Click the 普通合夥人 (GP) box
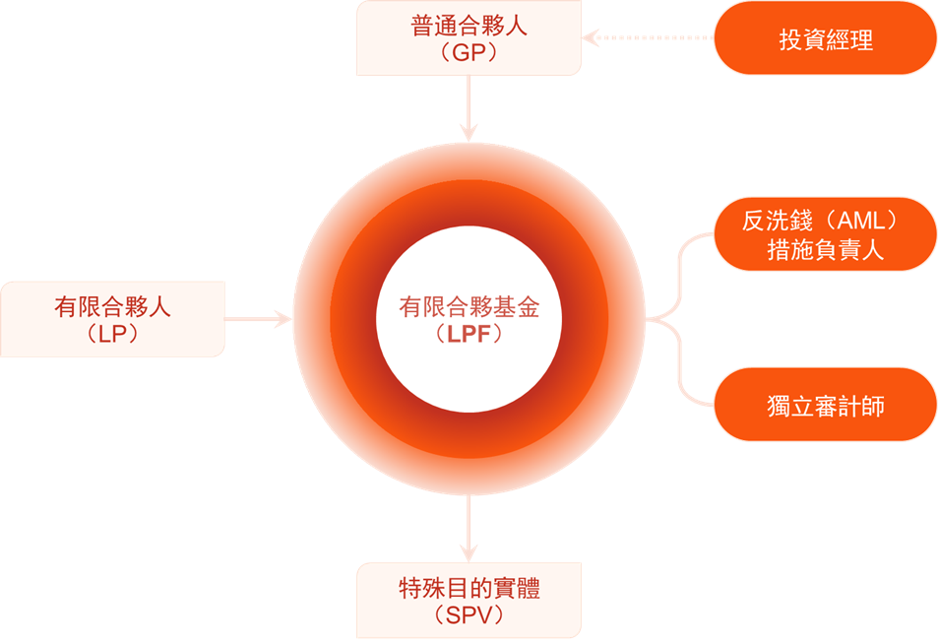tap(469, 37)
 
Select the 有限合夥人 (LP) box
tap(112, 319)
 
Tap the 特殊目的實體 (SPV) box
tap(469, 601)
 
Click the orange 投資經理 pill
tap(826, 37)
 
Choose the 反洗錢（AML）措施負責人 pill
tap(826, 234)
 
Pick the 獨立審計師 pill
tap(826, 405)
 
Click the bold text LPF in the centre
tap(469, 334)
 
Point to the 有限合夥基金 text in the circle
tap(469, 307)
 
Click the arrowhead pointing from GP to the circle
tap(469, 132)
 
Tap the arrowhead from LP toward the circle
tap(282, 319)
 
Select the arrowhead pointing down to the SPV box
tap(469, 552)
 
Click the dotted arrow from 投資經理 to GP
tap(649, 37)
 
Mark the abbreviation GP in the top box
tap(469, 52)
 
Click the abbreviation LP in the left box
tap(112, 334)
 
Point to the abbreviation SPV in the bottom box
tap(469, 615)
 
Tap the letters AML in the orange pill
tap(861, 222)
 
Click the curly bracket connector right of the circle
tap(679, 319)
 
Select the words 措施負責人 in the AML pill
tap(826, 249)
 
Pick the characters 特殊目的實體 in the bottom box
tap(469, 588)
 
